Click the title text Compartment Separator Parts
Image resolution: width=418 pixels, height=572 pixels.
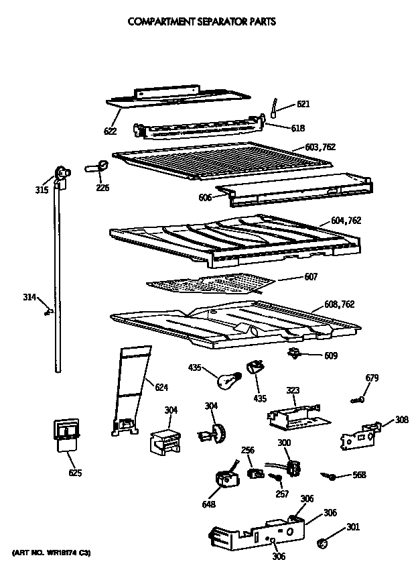[202, 21]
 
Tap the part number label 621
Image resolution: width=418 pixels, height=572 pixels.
[303, 104]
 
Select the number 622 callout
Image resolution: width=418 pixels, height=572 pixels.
[111, 131]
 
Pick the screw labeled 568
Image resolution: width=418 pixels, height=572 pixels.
[329, 475]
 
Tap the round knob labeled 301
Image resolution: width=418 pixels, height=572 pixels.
[322, 541]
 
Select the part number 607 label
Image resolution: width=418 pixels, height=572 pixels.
[310, 276]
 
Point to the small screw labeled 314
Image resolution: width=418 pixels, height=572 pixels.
[48, 310]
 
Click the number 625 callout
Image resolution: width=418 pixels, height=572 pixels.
[74, 473]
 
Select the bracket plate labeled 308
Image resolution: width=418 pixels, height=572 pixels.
[358, 435]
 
